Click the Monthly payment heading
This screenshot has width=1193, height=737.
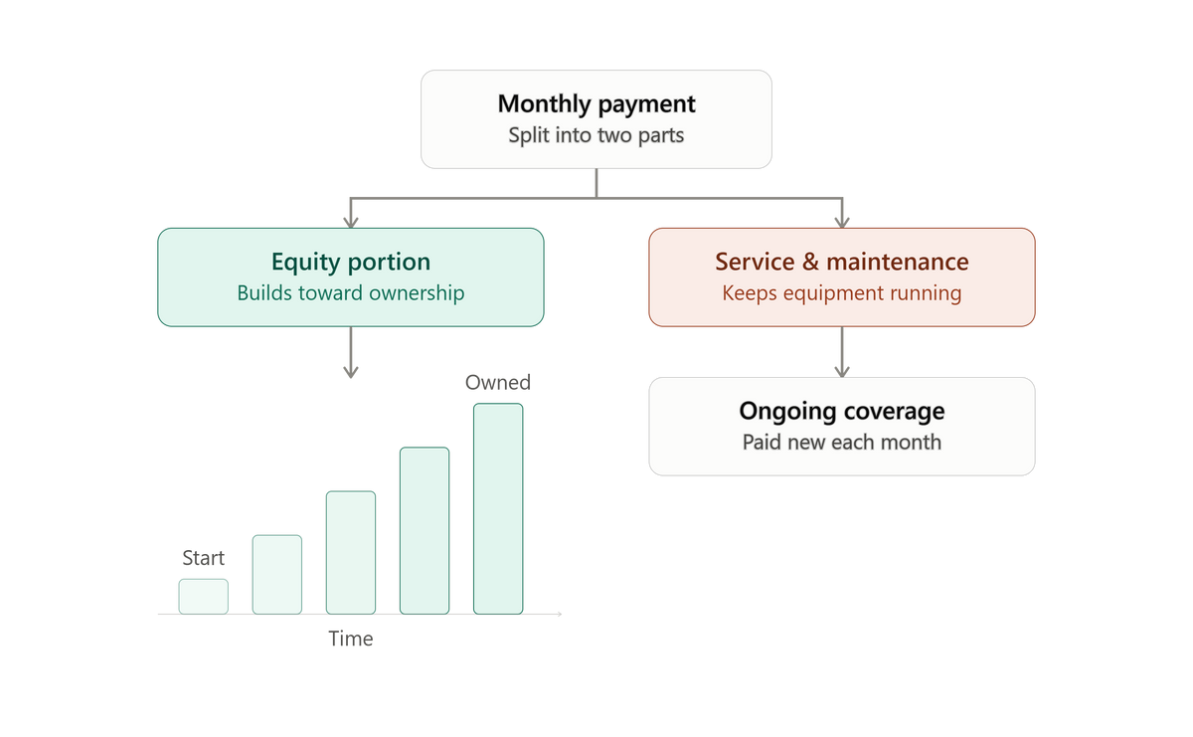coord(596,103)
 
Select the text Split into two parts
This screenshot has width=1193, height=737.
coord(596,135)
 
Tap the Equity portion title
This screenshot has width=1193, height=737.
coord(350,263)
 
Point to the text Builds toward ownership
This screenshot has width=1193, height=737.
coord(350,293)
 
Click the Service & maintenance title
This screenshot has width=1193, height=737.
coord(841,262)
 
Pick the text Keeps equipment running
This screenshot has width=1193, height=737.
coord(841,293)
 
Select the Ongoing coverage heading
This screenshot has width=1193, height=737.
coord(841,412)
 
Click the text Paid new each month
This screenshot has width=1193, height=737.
coord(841,443)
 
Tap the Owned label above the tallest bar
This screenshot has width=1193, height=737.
coord(498,383)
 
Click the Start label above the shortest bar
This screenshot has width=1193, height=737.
coord(204,558)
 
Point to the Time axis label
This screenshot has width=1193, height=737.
coord(350,639)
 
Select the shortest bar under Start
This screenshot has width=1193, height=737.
coord(204,597)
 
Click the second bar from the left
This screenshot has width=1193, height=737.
coord(277,575)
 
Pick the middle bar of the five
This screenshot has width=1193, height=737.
coord(350,553)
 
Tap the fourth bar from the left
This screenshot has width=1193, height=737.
coord(425,531)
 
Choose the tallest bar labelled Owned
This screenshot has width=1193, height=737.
coord(498,509)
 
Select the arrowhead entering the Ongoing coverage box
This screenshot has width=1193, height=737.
coord(841,372)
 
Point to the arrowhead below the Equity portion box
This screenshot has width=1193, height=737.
coord(350,372)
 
